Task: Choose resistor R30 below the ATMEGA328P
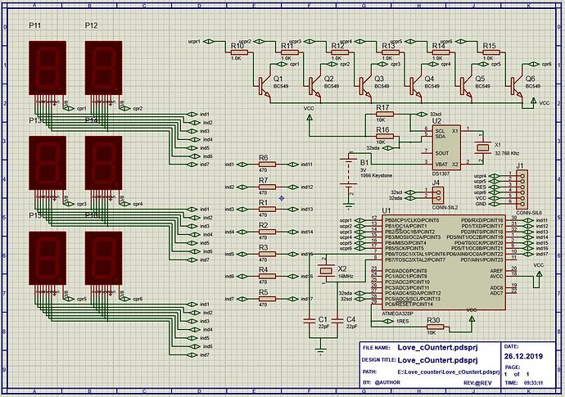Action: (x=434, y=326)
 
